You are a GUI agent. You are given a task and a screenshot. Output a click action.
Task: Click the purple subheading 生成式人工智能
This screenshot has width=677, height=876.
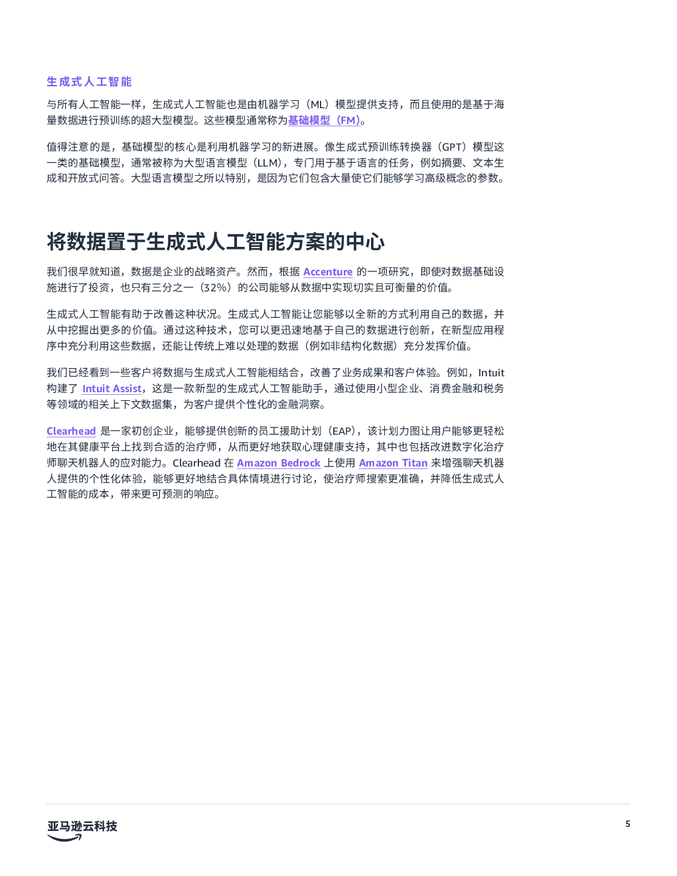(89, 82)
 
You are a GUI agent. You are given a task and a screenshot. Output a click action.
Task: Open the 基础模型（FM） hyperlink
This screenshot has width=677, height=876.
(324, 120)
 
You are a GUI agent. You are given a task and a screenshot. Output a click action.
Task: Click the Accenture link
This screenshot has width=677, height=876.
(328, 271)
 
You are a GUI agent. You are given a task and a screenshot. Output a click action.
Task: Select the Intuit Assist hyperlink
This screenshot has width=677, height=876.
(112, 389)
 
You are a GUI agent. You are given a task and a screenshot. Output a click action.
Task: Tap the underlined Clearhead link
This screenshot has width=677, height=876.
(72, 431)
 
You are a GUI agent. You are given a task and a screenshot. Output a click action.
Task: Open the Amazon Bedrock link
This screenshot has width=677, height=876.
(279, 463)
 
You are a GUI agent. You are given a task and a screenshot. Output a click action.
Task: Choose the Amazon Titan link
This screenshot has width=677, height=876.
(393, 463)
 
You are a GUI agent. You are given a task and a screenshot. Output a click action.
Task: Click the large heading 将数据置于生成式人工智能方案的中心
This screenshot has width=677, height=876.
(216, 242)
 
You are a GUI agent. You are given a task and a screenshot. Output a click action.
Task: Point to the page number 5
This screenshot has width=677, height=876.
(628, 824)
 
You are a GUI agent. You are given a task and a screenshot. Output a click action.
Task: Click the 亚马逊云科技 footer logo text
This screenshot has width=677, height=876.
(82, 826)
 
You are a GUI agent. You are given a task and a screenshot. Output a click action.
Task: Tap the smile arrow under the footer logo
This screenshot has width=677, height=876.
(64, 838)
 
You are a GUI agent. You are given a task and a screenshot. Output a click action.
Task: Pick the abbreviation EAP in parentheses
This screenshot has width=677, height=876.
(342, 431)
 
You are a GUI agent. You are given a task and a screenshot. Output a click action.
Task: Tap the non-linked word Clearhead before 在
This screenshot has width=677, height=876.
(196, 463)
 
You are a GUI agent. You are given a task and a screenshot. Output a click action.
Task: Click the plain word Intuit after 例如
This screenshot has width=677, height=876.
(491, 372)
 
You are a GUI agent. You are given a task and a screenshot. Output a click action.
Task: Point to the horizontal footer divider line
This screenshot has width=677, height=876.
(338, 804)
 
